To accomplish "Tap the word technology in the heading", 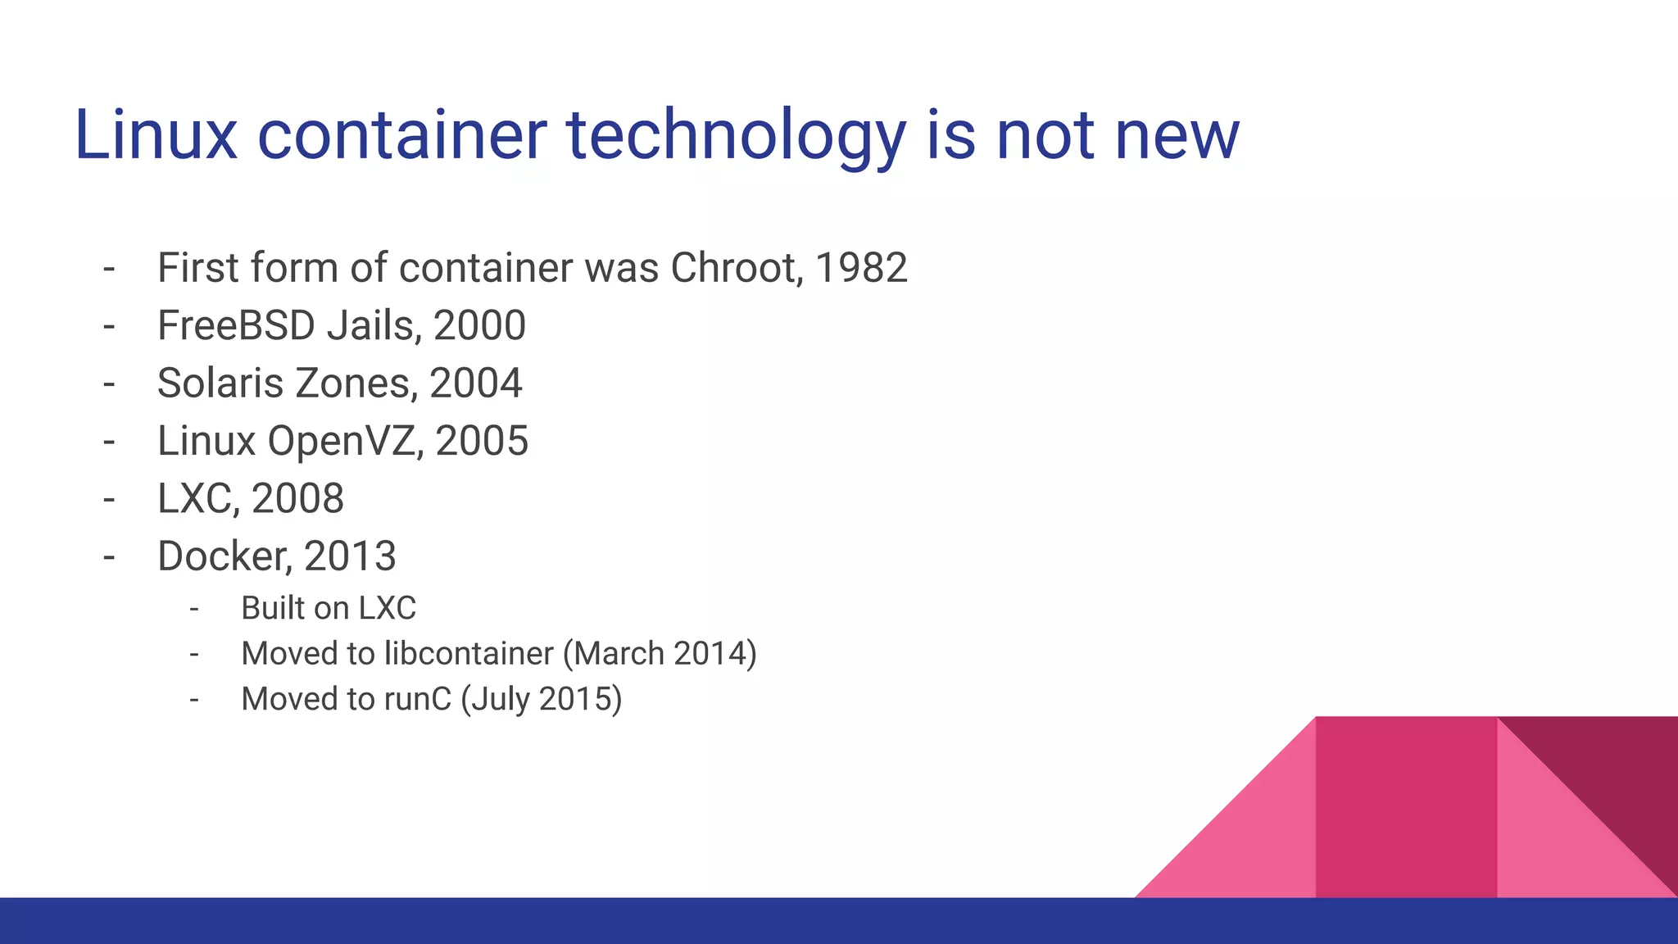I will pos(736,136).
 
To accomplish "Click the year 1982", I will pos(861,268).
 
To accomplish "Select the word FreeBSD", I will pos(236,325).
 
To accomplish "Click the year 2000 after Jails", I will pos(479,325).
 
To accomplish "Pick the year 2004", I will pos(475,383).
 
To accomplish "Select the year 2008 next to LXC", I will pos(297,498).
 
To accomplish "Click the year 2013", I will pos(350,556).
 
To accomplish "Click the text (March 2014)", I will pos(660,654).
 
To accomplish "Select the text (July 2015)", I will pos(541,700).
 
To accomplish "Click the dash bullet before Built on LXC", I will pos(194,609).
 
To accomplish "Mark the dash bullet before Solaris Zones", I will pos(109,383).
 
